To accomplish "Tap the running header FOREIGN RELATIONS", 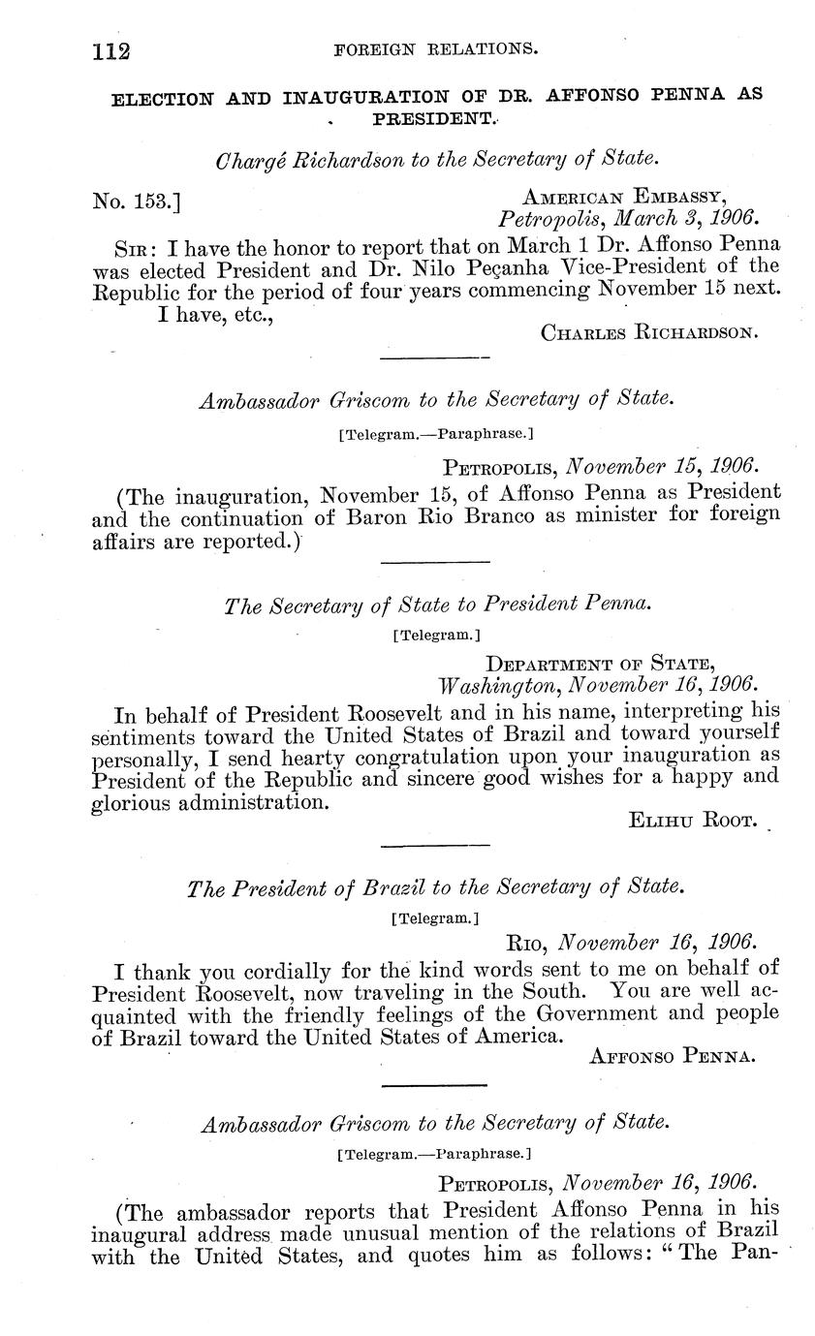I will coord(435,47).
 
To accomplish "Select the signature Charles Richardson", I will coord(648,333).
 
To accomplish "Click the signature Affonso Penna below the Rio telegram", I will coord(672,1056).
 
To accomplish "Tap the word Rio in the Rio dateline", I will coord(528,942).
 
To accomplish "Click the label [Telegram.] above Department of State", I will coord(436,636).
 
